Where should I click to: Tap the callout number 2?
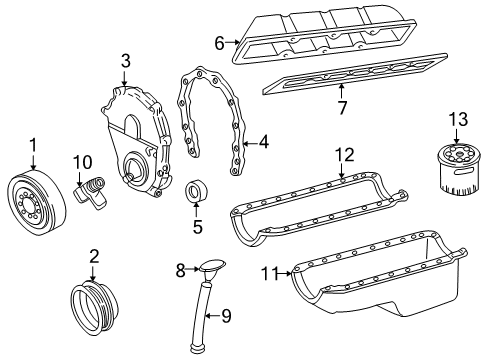coord(94,256)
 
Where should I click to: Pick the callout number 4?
coord(263,142)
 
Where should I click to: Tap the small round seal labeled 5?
coord(196,191)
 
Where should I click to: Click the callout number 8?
coord(180,269)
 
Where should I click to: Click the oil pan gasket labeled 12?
coord(310,205)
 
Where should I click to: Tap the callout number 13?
coord(458,122)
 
